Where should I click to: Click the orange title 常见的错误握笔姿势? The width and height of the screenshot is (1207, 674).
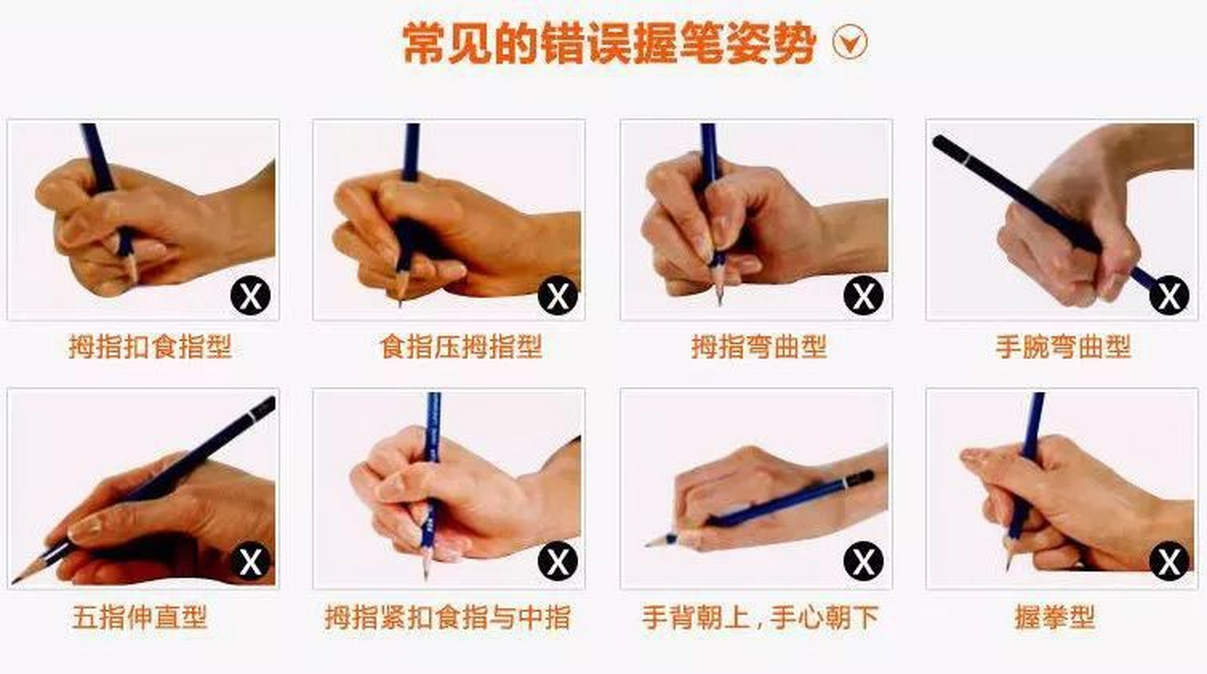[x=609, y=43]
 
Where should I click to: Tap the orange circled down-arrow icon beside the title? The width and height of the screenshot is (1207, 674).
[x=850, y=42]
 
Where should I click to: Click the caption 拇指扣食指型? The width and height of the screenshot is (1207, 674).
[x=150, y=347]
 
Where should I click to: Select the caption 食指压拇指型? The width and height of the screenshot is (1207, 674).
[x=461, y=347]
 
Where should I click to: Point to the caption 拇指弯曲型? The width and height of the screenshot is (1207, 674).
[x=759, y=347]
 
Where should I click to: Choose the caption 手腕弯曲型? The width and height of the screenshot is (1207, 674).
[x=1063, y=347]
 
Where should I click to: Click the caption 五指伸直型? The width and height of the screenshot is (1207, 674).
[x=140, y=617]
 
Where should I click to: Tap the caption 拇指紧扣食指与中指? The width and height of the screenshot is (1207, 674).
[x=448, y=617]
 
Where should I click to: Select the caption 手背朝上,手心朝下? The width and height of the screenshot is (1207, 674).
[x=760, y=617]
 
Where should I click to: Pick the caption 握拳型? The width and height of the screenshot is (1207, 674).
[x=1055, y=617]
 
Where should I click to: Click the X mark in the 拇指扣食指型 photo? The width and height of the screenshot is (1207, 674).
[x=251, y=295]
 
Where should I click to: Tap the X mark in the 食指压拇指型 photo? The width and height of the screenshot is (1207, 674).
[x=558, y=295]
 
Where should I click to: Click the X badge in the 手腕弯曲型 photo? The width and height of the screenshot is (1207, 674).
[x=1169, y=295]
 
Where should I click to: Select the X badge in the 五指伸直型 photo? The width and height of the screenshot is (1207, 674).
[x=251, y=561]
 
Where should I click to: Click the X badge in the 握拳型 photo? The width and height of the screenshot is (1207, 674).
[x=1169, y=561]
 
